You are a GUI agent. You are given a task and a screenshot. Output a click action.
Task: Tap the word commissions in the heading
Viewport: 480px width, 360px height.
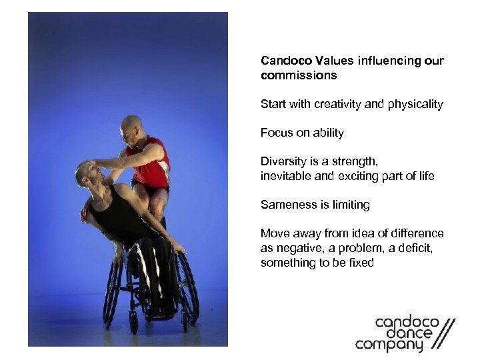click(x=299, y=75)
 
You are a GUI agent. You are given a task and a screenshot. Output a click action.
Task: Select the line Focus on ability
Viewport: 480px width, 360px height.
click(x=302, y=133)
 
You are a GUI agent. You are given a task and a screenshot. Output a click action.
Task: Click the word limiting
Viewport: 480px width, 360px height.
click(x=349, y=205)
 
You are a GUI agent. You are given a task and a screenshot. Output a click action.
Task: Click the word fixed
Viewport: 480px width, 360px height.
click(x=360, y=263)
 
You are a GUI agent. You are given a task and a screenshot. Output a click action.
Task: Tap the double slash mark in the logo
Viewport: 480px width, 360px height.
click(x=441, y=334)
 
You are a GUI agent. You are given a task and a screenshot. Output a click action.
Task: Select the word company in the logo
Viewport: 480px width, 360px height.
click(x=389, y=345)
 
